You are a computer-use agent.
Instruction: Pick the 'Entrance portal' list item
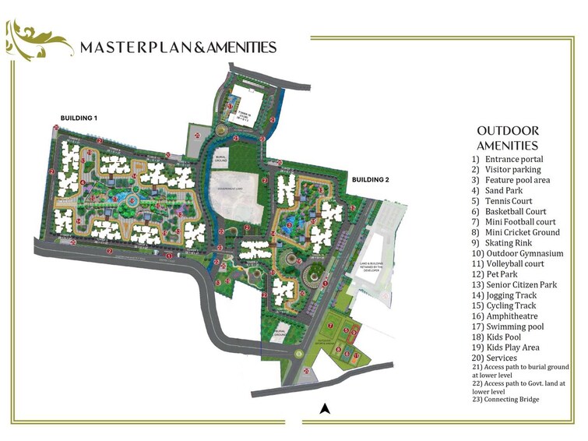(514, 159)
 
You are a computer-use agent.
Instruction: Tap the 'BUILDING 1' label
(79, 118)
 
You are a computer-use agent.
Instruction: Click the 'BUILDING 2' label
(370, 180)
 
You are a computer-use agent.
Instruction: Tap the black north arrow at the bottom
(326, 408)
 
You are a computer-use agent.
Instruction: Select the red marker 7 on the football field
(330, 326)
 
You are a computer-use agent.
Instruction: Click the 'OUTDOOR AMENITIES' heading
(507, 138)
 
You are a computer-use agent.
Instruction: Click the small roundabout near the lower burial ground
(298, 353)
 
